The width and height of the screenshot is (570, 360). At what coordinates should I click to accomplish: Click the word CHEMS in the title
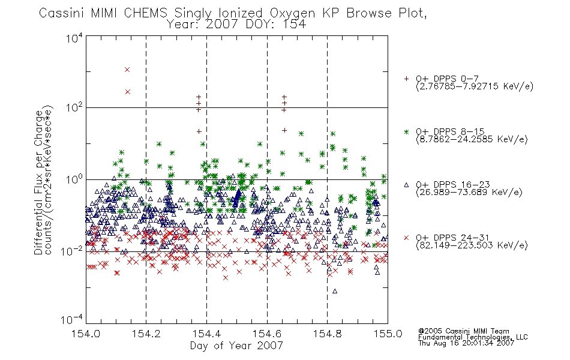pos(145,13)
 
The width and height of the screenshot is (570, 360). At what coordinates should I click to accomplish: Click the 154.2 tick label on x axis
pos(146,334)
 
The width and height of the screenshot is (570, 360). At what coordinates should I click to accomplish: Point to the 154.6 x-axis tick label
pos(267,334)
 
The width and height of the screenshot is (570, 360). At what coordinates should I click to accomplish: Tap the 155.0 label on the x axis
pos(388,334)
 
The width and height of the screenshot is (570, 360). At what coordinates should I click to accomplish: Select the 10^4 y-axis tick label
pos(74,38)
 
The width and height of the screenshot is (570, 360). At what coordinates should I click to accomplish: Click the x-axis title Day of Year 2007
pos(236,346)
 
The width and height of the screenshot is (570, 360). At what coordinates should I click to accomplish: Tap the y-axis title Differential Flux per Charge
pos(38,182)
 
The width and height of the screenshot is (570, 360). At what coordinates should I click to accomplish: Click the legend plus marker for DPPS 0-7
pos(406,79)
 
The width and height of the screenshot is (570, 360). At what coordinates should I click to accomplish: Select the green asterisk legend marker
pos(406,131)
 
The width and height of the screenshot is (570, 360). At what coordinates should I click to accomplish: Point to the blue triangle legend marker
pos(406,185)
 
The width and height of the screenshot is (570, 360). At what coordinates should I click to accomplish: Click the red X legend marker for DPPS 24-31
pos(406,238)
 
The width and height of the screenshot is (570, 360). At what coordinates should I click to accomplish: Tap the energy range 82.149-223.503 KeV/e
pos(472,245)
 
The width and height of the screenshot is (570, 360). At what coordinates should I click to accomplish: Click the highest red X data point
pos(127,70)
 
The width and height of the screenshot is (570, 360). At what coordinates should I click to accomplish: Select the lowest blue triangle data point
pos(335,291)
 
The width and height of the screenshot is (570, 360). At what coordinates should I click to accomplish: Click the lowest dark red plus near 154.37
pos(199,131)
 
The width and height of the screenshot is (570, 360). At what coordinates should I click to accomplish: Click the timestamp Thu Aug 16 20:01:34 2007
pos(466,343)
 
